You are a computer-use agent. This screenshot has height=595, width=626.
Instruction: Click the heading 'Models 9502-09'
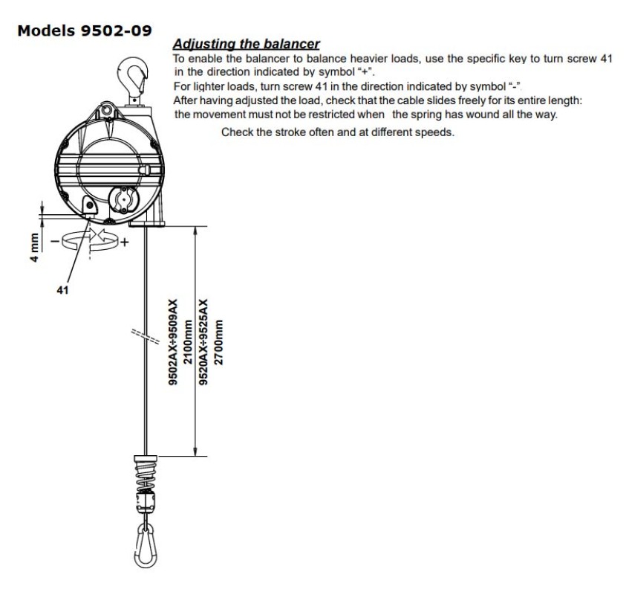(x=85, y=30)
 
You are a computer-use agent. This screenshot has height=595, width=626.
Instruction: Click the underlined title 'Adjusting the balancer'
(x=247, y=44)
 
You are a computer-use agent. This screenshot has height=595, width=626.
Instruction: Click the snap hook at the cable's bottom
(x=146, y=546)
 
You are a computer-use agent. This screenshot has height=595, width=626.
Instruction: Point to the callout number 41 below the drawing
(x=62, y=290)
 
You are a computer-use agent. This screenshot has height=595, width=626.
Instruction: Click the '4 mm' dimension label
(x=35, y=248)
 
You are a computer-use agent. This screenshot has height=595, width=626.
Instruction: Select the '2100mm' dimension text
(x=188, y=342)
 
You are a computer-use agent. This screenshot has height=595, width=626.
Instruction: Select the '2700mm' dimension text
(x=219, y=342)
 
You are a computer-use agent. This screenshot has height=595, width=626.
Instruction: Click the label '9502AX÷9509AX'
(x=173, y=342)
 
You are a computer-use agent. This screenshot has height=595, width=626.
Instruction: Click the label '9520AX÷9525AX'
(x=203, y=342)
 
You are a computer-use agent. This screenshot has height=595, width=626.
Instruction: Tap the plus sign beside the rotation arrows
(x=125, y=242)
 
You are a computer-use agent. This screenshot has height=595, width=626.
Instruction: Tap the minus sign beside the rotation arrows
(x=55, y=241)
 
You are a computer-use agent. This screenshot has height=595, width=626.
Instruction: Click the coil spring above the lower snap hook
(x=145, y=476)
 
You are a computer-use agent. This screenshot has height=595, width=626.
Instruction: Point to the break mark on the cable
(x=146, y=335)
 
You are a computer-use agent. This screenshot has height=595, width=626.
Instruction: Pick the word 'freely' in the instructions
(x=472, y=100)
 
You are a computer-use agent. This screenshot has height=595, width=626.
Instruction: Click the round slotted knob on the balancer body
(x=124, y=199)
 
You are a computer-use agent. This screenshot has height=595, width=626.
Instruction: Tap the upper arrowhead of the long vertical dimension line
(x=195, y=231)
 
